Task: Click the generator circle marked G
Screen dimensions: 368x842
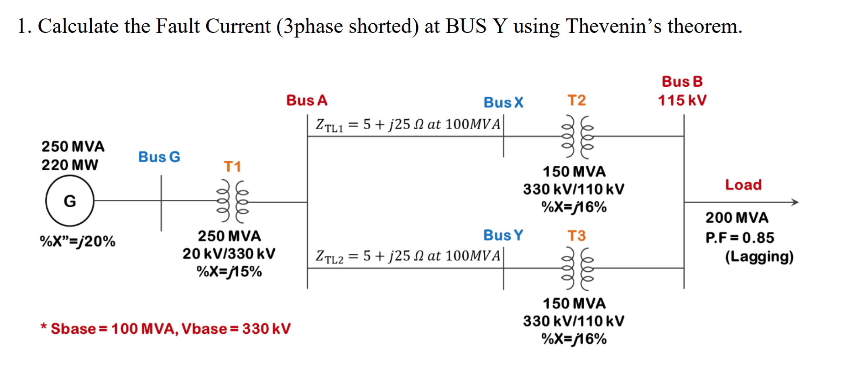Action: (x=70, y=201)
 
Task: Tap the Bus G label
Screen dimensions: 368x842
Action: (x=159, y=157)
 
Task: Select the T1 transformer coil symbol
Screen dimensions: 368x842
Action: (x=233, y=201)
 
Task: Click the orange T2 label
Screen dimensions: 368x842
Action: (x=576, y=100)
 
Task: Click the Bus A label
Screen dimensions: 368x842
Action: (x=307, y=100)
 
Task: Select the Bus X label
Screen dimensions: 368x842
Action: (x=503, y=103)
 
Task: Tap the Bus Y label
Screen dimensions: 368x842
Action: (x=503, y=235)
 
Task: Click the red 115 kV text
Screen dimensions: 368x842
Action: (x=682, y=100)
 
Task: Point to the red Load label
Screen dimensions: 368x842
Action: (x=743, y=185)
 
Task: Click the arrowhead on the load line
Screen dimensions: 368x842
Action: (x=795, y=202)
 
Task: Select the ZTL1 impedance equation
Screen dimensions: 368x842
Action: (x=408, y=125)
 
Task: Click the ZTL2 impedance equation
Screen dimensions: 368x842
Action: (x=408, y=256)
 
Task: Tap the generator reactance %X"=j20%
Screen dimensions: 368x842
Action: (x=78, y=241)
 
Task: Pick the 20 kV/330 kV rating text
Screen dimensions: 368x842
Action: (x=229, y=254)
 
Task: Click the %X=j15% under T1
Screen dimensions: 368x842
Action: (x=229, y=272)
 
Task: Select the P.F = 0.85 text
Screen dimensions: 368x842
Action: (x=739, y=238)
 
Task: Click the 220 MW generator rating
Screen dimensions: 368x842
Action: (x=70, y=165)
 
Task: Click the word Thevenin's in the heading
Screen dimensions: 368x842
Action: (x=613, y=26)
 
